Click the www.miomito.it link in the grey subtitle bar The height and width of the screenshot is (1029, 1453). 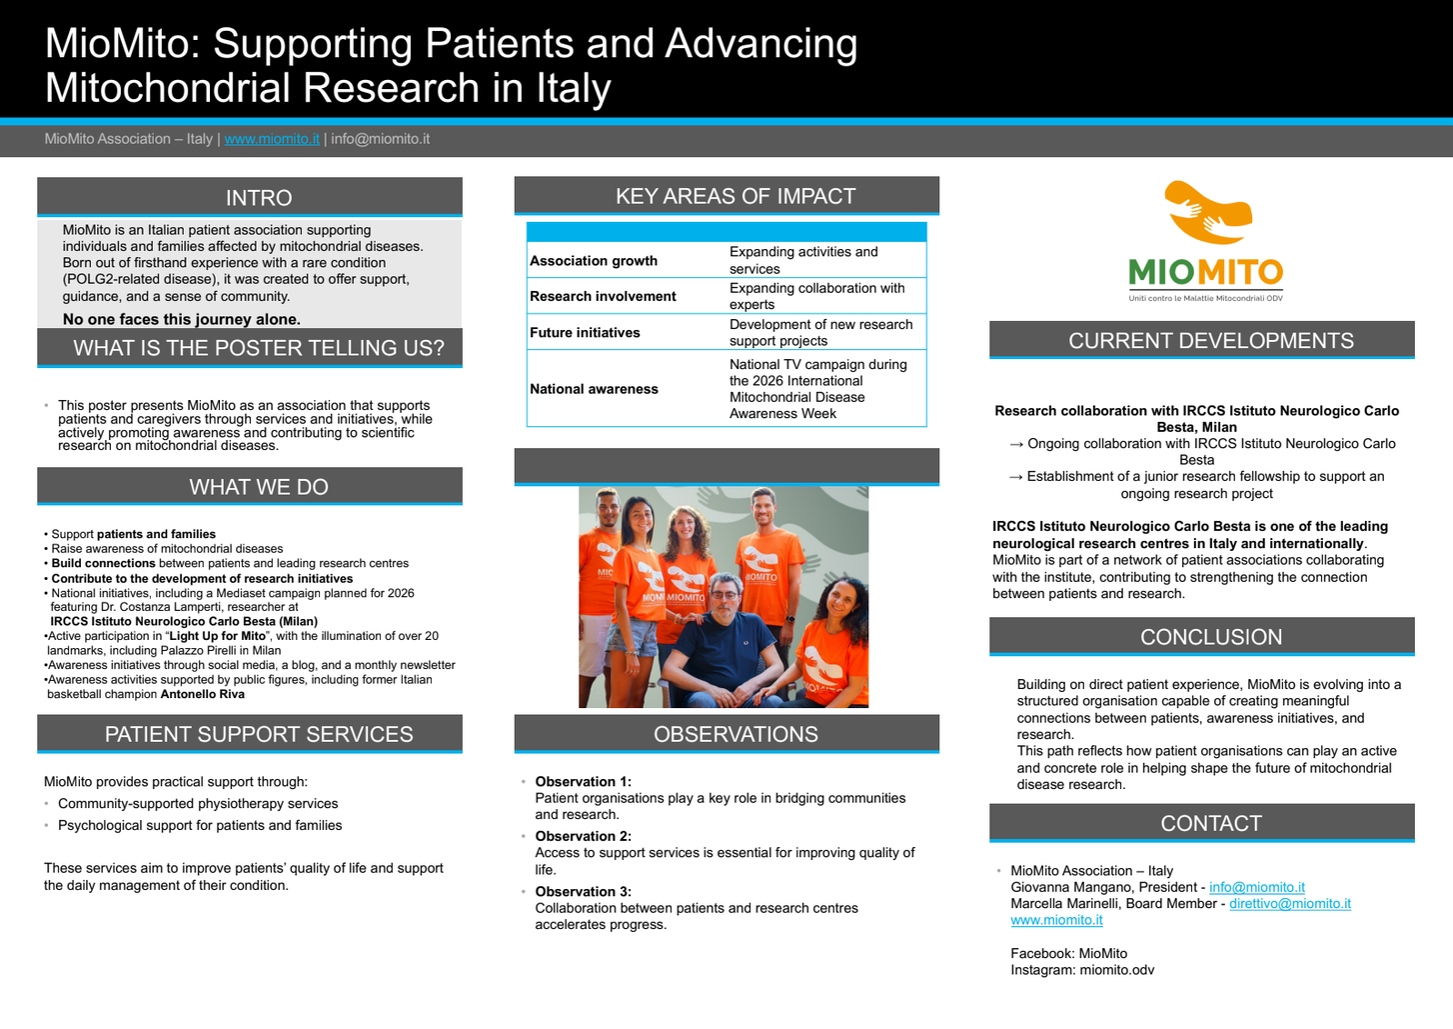click(x=272, y=139)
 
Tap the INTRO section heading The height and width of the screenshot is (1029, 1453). click(x=259, y=197)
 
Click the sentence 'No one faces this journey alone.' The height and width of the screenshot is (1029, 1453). click(x=182, y=319)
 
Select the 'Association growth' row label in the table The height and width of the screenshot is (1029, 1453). click(x=594, y=260)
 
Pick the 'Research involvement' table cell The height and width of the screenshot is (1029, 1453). click(x=603, y=296)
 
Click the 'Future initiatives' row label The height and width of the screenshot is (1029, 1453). click(x=585, y=332)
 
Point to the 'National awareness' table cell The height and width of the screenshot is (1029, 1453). click(x=594, y=389)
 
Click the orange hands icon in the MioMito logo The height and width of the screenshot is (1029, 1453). click(x=1207, y=212)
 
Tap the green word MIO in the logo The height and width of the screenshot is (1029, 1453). click(x=1161, y=272)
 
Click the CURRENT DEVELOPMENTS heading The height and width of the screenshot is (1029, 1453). click(x=1211, y=340)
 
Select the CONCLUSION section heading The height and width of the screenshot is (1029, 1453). click(x=1211, y=637)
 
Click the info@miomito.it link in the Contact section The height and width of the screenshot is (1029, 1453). click(x=1256, y=887)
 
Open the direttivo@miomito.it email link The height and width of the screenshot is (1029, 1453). click(x=1289, y=903)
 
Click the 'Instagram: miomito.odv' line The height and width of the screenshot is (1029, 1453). click(x=1082, y=970)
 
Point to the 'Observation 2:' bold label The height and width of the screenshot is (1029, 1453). click(x=583, y=836)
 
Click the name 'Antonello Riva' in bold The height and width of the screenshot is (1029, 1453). click(x=203, y=694)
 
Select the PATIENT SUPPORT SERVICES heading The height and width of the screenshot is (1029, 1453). click(x=259, y=734)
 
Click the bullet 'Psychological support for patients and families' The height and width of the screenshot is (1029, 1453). click(x=200, y=825)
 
